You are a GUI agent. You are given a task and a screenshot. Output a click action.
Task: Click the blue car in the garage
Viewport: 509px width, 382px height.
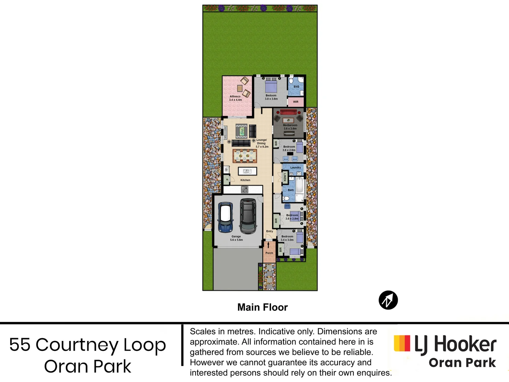click(x=225, y=217)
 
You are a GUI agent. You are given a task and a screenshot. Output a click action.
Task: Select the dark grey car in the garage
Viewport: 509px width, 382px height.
click(x=248, y=216)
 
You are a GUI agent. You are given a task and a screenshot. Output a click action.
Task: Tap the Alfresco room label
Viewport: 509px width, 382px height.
click(x=235, y=98)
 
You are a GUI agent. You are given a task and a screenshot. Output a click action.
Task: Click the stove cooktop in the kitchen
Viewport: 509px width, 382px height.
click(x=245, y=190)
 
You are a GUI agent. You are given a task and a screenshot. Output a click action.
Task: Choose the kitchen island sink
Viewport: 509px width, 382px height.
click(x=247, y=171)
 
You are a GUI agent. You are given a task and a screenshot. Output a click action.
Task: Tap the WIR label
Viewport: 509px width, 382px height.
click(x=296, y=102)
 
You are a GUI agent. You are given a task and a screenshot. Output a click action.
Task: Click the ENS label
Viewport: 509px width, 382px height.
click(x=296, y=87)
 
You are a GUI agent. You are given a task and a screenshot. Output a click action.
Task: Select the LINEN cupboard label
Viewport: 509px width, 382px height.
click(x=285, y=177)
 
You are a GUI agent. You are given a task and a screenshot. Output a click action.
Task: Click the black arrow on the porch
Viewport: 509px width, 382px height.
click(x=268, y=245)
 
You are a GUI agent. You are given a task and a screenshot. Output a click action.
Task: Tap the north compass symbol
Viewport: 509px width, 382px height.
click(x=388, y=300)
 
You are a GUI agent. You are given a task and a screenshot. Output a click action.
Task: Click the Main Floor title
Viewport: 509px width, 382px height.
click(x=263, y=307)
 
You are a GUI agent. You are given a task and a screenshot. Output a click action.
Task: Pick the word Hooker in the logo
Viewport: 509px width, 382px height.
click(x=465, y=345)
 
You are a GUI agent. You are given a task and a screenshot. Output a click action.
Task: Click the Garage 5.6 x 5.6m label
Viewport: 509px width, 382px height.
click(x=236, y=238)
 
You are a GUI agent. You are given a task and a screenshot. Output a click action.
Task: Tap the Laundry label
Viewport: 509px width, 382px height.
click(x=296, y=168)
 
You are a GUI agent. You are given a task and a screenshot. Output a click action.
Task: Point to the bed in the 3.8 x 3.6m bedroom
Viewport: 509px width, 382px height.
click(x=271, y=86)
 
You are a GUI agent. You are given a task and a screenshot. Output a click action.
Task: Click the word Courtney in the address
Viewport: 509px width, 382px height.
click(x=77, y=345)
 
